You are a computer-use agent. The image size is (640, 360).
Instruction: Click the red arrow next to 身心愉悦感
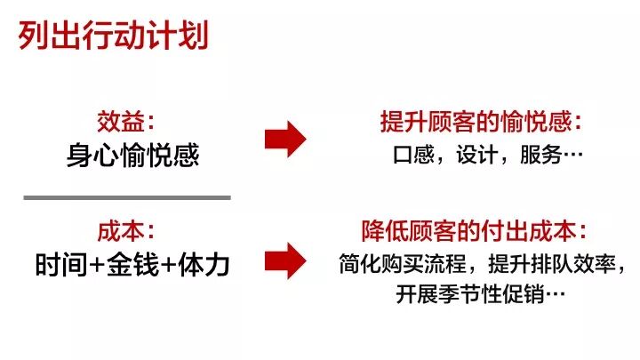(x=285, y=139)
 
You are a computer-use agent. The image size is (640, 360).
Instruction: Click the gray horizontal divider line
(x=126, y=197)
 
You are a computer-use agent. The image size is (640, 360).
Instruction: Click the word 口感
(x=412, y=155)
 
